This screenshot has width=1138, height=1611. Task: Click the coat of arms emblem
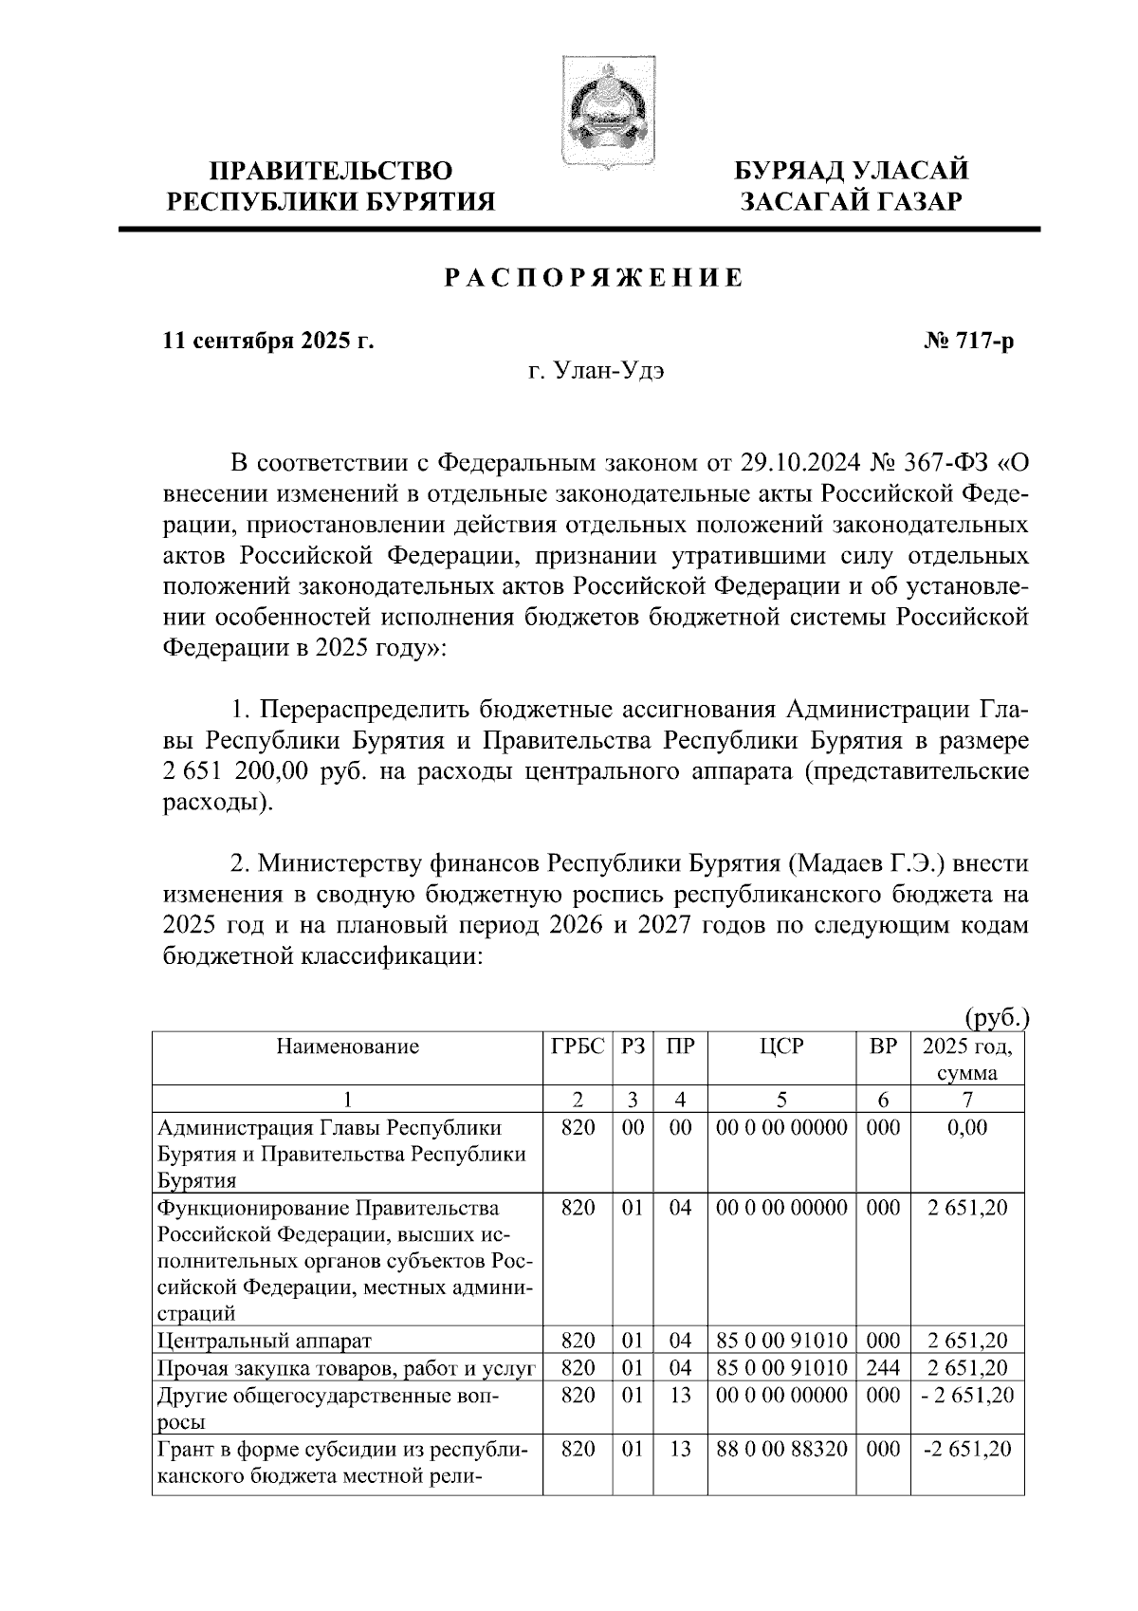click(x=604, y=112)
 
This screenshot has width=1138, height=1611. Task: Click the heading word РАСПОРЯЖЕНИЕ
click(x=594, y=279)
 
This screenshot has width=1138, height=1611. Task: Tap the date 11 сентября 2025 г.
click(x=268, y=341)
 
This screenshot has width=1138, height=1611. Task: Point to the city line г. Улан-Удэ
click(x=597, y=371)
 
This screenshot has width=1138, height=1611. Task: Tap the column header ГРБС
click(x=578, y=1047)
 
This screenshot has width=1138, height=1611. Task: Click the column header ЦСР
click(x=781, y=1047)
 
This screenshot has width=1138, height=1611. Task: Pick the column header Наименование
click(x=347, y=1047)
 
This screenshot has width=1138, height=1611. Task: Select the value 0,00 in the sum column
click(x=967, y=1128)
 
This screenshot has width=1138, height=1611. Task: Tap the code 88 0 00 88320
click(x=781, y=1449)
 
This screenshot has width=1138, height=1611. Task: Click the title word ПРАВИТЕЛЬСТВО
click(x=331, y=171)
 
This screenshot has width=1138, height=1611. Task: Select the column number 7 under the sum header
click(x=967, y=1100)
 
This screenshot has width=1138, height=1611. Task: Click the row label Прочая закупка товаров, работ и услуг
click(x=347, y=1367)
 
